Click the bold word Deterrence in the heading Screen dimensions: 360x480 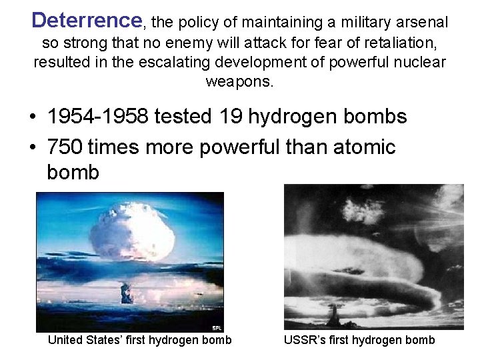pos(87,21)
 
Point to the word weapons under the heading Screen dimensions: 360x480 pos(239,82)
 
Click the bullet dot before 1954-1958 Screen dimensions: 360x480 pos(32,118)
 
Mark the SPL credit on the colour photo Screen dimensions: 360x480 pos(217,328)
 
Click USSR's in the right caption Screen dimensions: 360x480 pos(303,340)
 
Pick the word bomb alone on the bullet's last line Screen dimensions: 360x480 pos(73,173)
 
